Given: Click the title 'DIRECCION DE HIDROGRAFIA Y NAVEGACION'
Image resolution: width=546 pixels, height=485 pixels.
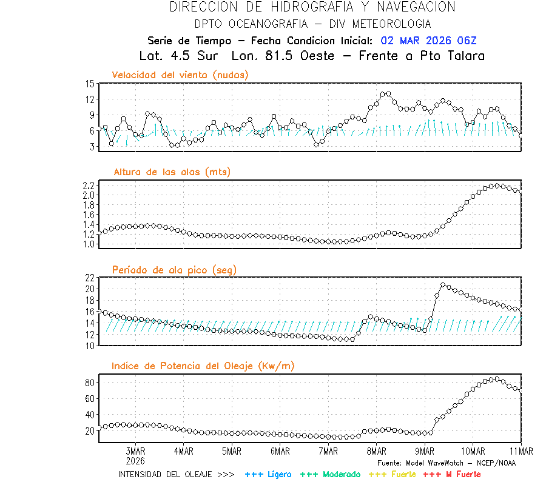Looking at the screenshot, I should pos(312,7).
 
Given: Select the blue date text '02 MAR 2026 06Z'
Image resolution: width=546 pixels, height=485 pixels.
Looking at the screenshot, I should pos(429,41).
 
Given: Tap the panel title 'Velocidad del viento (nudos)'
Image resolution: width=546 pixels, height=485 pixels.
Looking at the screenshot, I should pos(180,75).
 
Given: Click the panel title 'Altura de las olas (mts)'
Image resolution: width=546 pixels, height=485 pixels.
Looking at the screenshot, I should pos(172,172).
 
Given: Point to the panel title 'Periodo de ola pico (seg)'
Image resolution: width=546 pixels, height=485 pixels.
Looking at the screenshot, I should pos(174,269).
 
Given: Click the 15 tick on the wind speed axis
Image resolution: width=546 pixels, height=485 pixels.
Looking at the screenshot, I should pos(90,84).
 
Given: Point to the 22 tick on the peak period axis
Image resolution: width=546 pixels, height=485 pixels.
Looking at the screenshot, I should pos(90,278).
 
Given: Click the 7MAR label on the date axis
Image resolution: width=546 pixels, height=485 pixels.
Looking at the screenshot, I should pos(328,451).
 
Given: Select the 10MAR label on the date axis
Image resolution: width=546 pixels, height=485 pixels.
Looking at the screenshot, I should pos(473,451).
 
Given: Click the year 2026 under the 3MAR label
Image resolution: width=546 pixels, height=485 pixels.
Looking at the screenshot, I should pos(135,460).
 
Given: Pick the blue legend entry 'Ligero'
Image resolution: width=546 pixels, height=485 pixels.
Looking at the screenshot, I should pos(269,474).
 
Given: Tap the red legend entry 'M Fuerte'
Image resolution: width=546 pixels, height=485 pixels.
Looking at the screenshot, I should pos(452,474).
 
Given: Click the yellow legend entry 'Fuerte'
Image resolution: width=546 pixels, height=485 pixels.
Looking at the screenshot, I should pos(393,474).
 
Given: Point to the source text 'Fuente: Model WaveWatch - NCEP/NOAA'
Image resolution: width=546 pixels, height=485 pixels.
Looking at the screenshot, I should pos(447,463).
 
